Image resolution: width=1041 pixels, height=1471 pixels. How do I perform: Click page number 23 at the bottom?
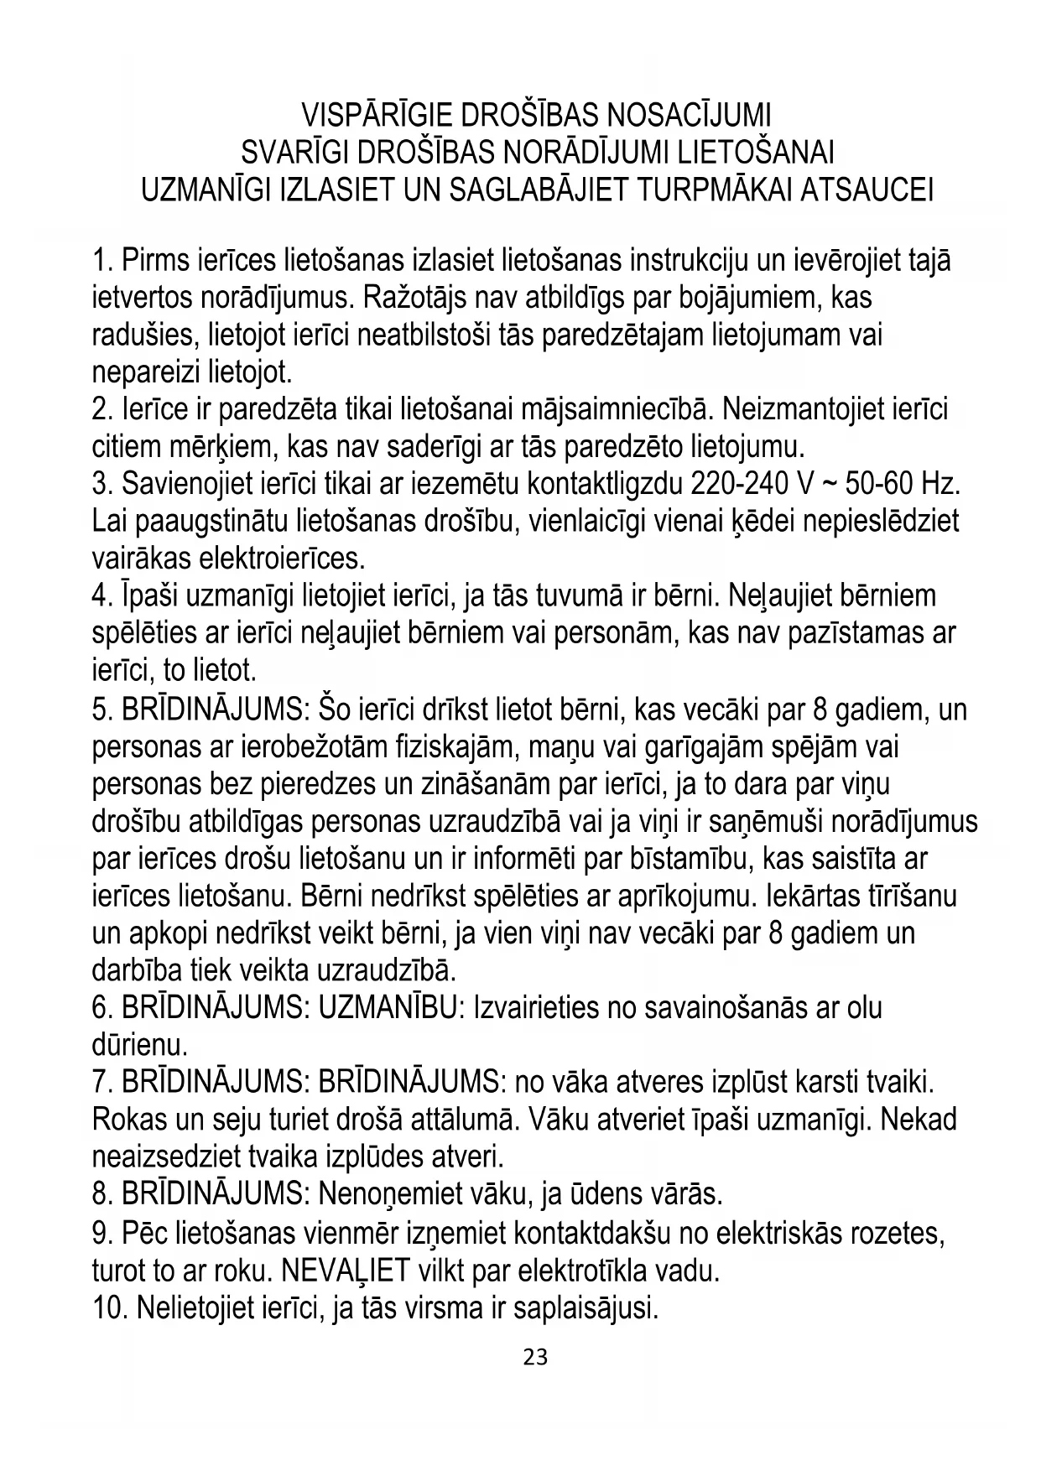pyautogui.click(x=535, y=1356)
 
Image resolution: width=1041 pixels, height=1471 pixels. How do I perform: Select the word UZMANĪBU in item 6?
pyautogui.click(x=390, y=1007)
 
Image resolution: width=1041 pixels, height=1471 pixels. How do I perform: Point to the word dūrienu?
pyautogui.click(x=138, y=1045)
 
